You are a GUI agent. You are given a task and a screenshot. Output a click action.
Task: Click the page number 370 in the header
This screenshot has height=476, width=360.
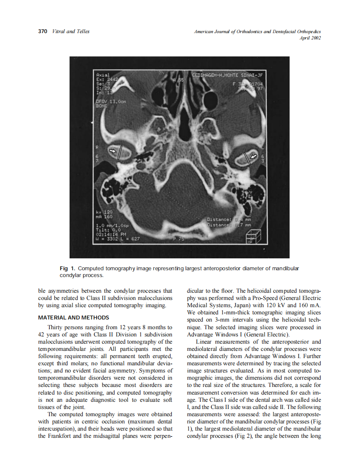(42, 31)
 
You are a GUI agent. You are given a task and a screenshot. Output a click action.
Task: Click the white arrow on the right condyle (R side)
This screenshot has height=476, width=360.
(113, 151)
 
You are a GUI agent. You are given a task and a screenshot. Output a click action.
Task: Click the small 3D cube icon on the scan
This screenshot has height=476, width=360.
(254, 236)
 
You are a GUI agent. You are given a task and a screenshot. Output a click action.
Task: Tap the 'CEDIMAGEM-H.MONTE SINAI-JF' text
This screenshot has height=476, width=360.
(228, 74)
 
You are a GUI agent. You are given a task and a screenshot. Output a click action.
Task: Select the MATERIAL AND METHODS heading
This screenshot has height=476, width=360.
(73, 317)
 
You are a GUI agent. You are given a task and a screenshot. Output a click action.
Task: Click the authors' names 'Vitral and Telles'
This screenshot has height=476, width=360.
(70, 31)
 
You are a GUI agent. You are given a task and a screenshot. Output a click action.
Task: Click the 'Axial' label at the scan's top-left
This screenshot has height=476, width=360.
(103, 74)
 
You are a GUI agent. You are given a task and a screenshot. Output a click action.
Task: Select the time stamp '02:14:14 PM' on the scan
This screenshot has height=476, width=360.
(112, 234)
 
